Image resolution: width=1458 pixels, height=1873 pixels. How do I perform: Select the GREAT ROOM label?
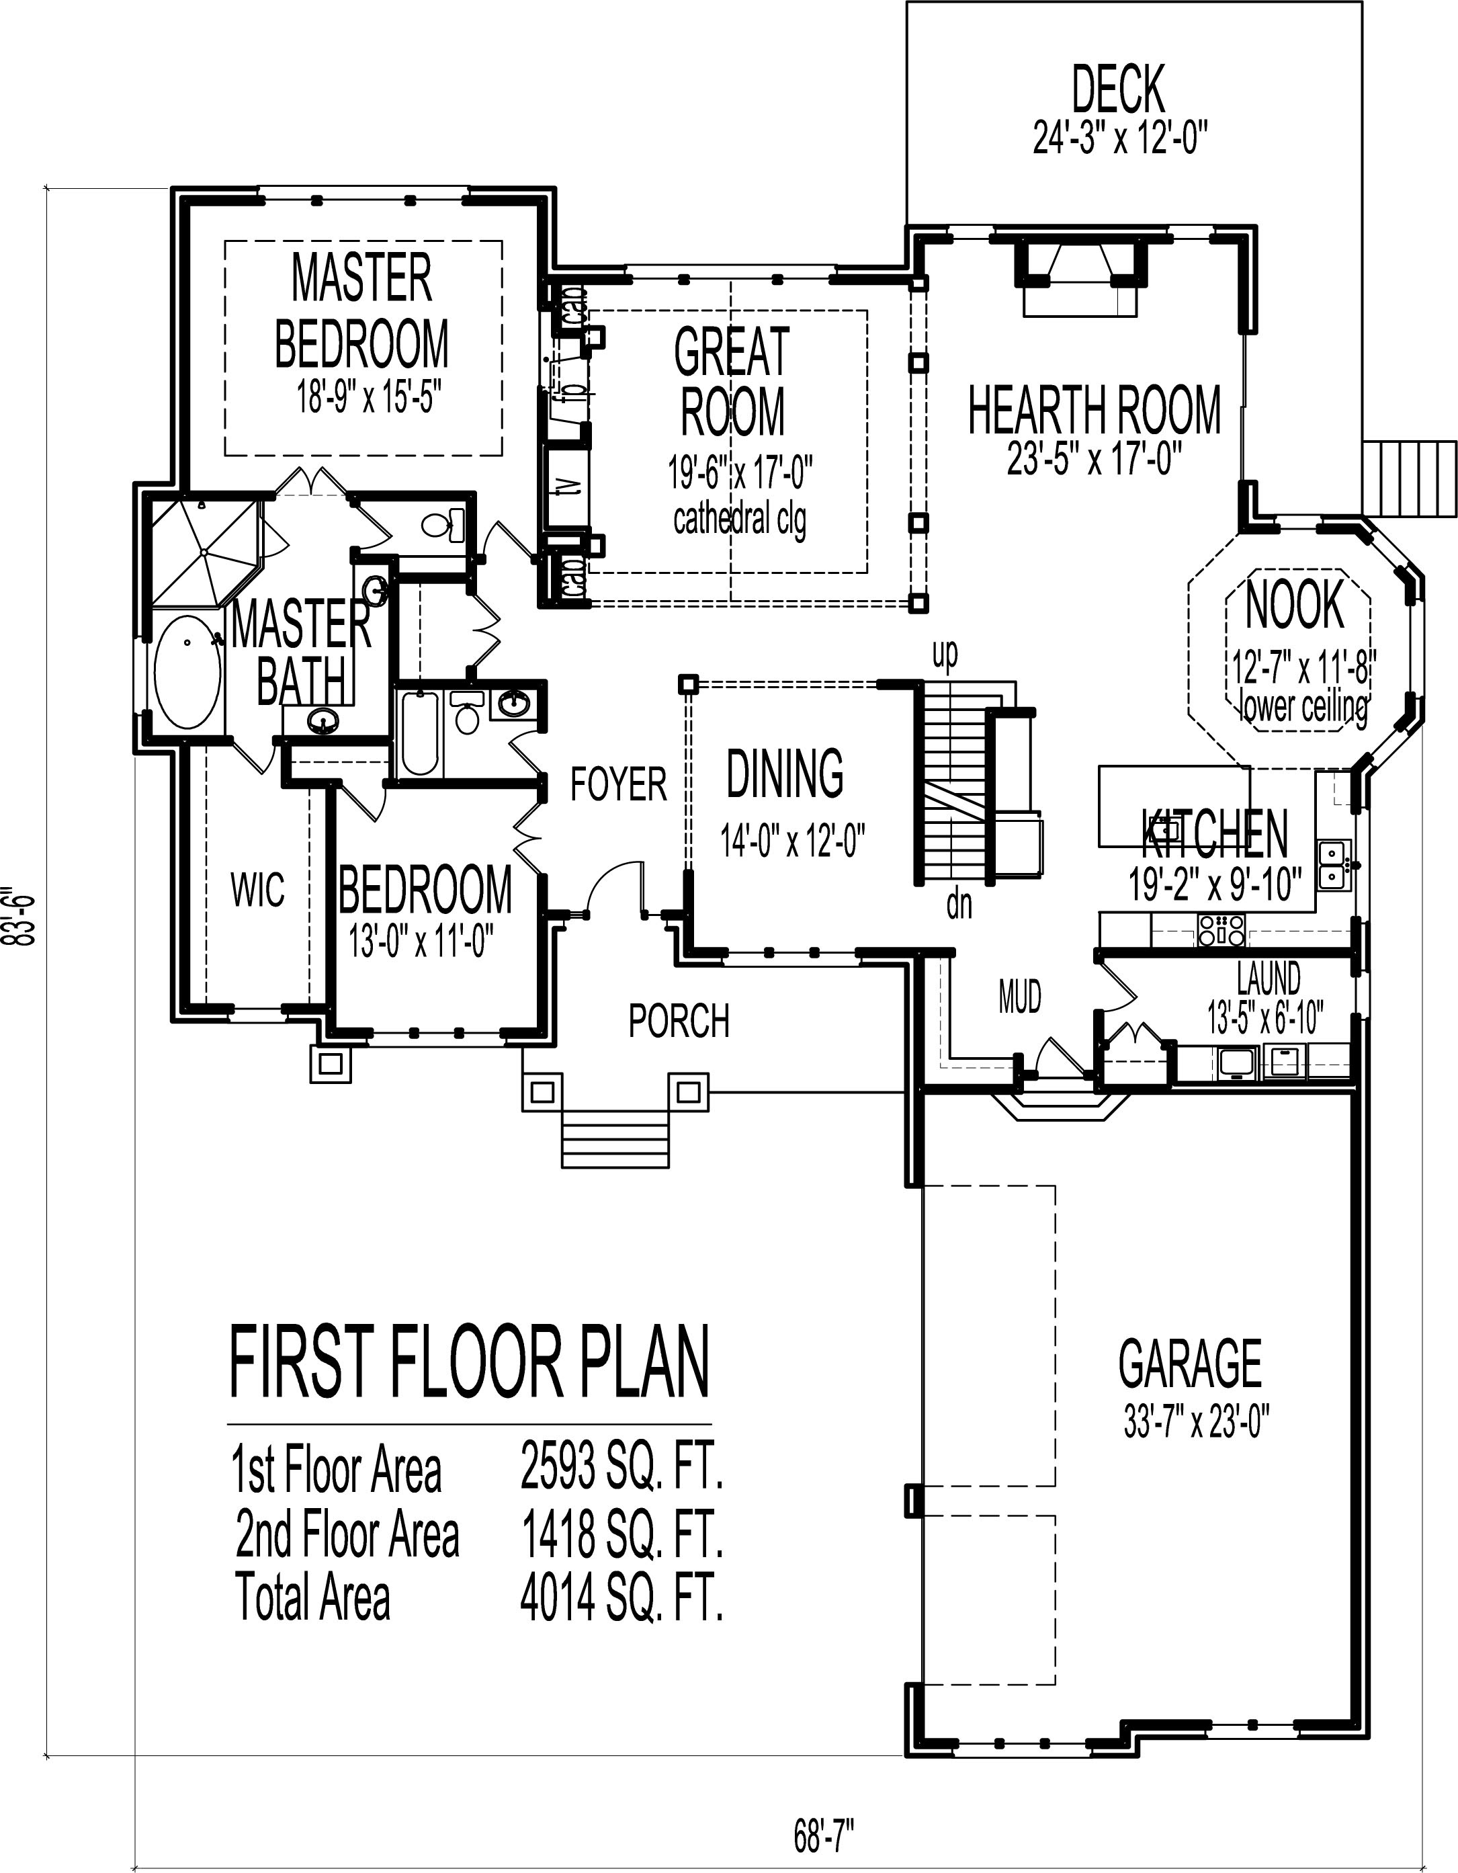click(x=732, y=381)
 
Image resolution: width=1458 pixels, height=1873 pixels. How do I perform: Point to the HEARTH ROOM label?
click(x=1095, y=410)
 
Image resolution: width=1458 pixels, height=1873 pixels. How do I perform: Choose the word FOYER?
click(x=618, y=784)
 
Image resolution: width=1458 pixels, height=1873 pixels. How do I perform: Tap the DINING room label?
click(x=785, y=773)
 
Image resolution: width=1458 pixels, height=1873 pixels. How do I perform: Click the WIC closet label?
click(x=257, y=890)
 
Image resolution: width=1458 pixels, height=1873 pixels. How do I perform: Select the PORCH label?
click(x=679, y=1021)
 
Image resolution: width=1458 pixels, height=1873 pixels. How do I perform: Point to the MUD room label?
click(x=1020, y=997)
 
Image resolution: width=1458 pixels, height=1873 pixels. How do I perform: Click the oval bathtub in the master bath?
click(x=186, y=673)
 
